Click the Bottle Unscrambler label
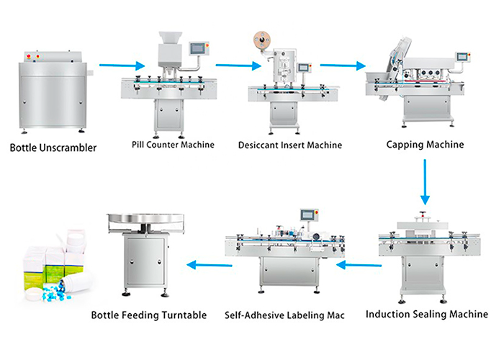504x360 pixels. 53,149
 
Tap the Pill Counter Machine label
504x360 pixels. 173,144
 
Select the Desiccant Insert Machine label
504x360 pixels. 289,145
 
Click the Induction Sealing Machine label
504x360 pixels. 427,315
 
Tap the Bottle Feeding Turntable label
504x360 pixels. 149,315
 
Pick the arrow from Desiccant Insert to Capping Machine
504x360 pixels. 342,66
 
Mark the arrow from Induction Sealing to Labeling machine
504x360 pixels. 356,265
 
